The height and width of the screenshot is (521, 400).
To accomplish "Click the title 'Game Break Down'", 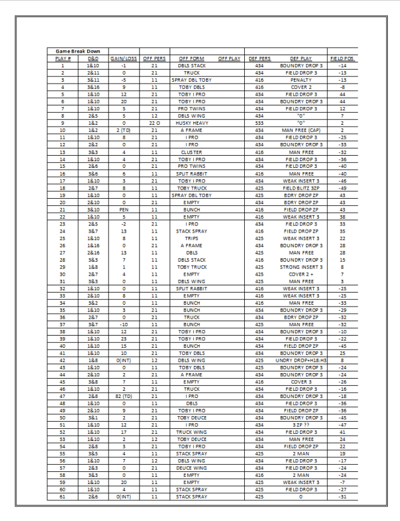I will [74, 51].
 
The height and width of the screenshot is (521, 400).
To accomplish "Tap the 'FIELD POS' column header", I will [342, 58].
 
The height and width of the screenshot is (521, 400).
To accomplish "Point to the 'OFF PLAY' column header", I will [230, 58].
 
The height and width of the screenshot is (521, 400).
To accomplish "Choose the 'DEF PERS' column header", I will [259, 58].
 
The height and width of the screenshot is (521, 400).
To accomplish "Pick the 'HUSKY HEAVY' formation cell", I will [192, 123].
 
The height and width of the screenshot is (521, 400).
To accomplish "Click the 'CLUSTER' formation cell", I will [192, 152].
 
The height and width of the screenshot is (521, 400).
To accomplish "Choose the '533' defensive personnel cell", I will [259, 123].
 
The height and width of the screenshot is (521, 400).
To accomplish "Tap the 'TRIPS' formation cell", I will [192, 238].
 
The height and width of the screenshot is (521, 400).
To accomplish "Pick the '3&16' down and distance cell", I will [93, 87].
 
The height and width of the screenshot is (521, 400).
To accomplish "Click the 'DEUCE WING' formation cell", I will [192, 468].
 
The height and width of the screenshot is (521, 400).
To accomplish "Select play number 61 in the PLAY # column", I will [62, 497].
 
